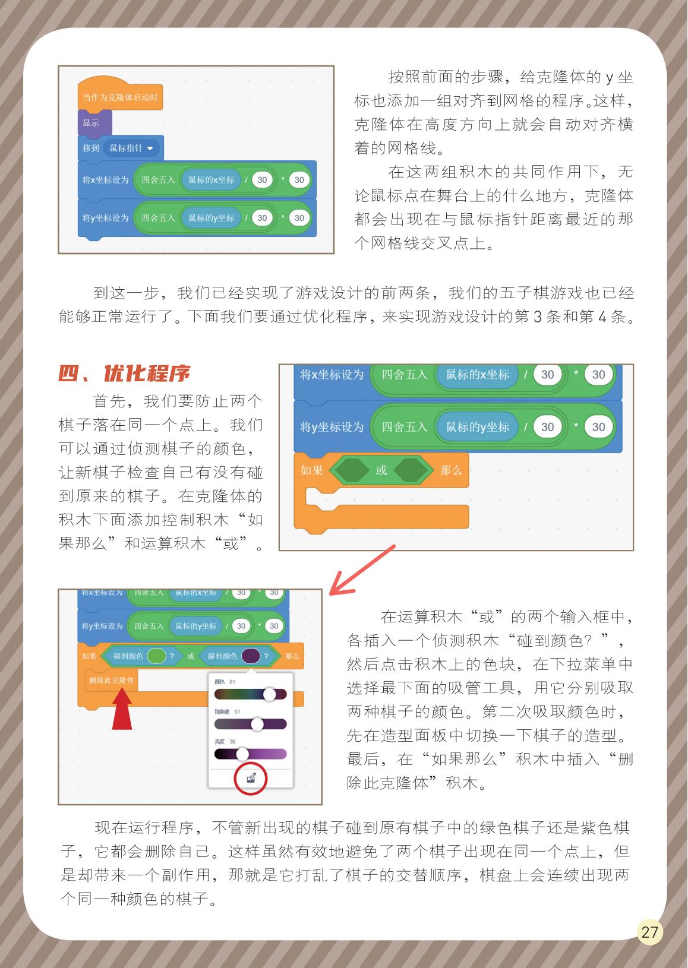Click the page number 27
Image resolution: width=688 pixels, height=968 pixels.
649,932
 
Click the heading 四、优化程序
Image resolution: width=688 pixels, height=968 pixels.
124,374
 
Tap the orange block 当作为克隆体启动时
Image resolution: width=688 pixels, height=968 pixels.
119,97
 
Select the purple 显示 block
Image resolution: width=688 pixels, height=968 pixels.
91,123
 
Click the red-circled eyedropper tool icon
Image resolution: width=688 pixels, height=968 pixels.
250,778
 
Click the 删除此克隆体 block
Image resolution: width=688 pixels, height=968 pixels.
111,680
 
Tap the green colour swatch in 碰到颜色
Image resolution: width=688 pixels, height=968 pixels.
156,656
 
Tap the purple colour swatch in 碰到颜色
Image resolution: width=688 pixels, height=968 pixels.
251,656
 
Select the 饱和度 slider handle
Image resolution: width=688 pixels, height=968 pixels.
257,724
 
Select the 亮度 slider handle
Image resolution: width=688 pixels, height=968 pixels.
242,754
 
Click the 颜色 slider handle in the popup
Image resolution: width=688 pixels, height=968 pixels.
269,694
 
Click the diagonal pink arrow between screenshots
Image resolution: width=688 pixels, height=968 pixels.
361,571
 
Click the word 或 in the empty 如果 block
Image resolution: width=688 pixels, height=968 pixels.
381,470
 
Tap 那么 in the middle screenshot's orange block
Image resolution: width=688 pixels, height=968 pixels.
450,470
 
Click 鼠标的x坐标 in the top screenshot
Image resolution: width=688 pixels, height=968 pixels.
211,180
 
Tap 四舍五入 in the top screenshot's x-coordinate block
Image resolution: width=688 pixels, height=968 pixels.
157,180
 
